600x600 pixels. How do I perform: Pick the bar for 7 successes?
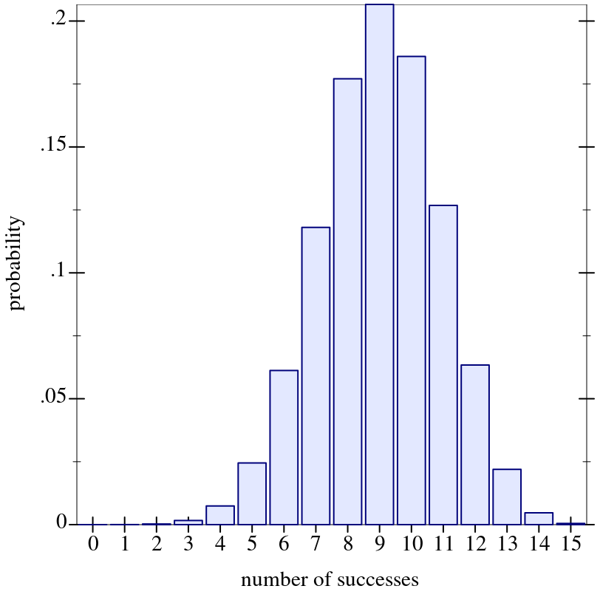click(x=316, y=376)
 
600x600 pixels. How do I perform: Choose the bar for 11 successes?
click(x=443, y=365)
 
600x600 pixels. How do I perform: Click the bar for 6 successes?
click(x=284, y=447)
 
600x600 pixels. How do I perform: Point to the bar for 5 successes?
click(x=252, y=494)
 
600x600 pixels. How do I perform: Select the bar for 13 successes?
click(x=507, y=497)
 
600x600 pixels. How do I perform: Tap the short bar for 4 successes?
click(x=220, y=515)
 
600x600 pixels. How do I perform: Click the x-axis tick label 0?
click(x=92, y=545)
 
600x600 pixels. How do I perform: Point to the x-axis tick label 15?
click(x=570, y=545)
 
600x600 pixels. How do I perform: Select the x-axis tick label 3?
click(x=188, y=545)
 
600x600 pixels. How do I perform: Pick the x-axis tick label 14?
click(x=538, y=545)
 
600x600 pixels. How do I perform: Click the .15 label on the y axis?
click(x=53, y=146)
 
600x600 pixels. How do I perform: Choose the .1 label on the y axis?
click(x=58, y=272)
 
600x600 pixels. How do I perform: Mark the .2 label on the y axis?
click(x=58, y=20)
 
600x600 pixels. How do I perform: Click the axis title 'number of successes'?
click(x=330, y=579)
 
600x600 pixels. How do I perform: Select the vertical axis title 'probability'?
click(x=16, y=263)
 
